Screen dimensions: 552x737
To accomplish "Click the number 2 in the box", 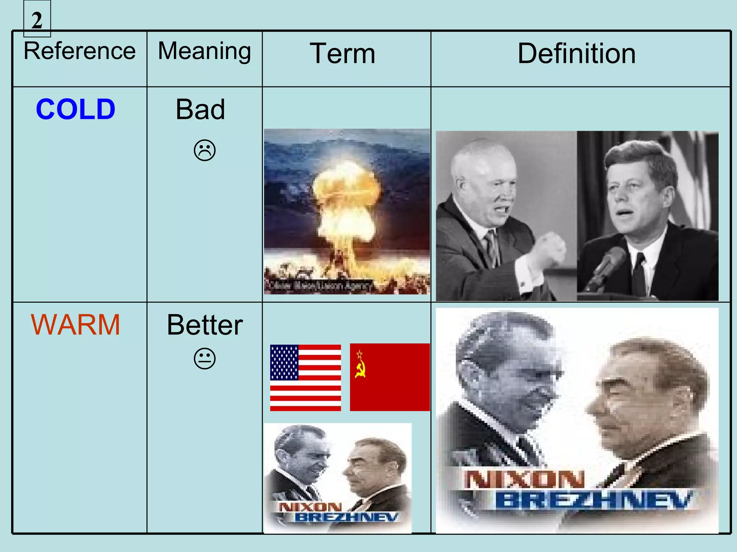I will click(37, 20).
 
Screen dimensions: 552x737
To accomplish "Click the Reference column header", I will click(80, 51).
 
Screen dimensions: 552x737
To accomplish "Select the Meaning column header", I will click(204, 51).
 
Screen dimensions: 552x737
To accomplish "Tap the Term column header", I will click(343, 54).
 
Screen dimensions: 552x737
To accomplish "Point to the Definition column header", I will click(577, 54).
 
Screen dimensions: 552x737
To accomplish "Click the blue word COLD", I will click(76, 109).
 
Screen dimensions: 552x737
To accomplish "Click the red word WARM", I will click(76, 325).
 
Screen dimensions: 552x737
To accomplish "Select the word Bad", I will click(200, 109).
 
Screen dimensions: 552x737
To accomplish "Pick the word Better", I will click(204, 325).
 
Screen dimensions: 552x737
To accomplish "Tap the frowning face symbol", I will click(204, 150).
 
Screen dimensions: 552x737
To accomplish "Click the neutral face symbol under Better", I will click(204, 359).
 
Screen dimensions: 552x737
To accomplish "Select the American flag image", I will click(305, 377).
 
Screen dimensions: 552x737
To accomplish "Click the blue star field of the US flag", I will click(284, 362).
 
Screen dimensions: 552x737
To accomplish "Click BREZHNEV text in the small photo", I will click(346, 517).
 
